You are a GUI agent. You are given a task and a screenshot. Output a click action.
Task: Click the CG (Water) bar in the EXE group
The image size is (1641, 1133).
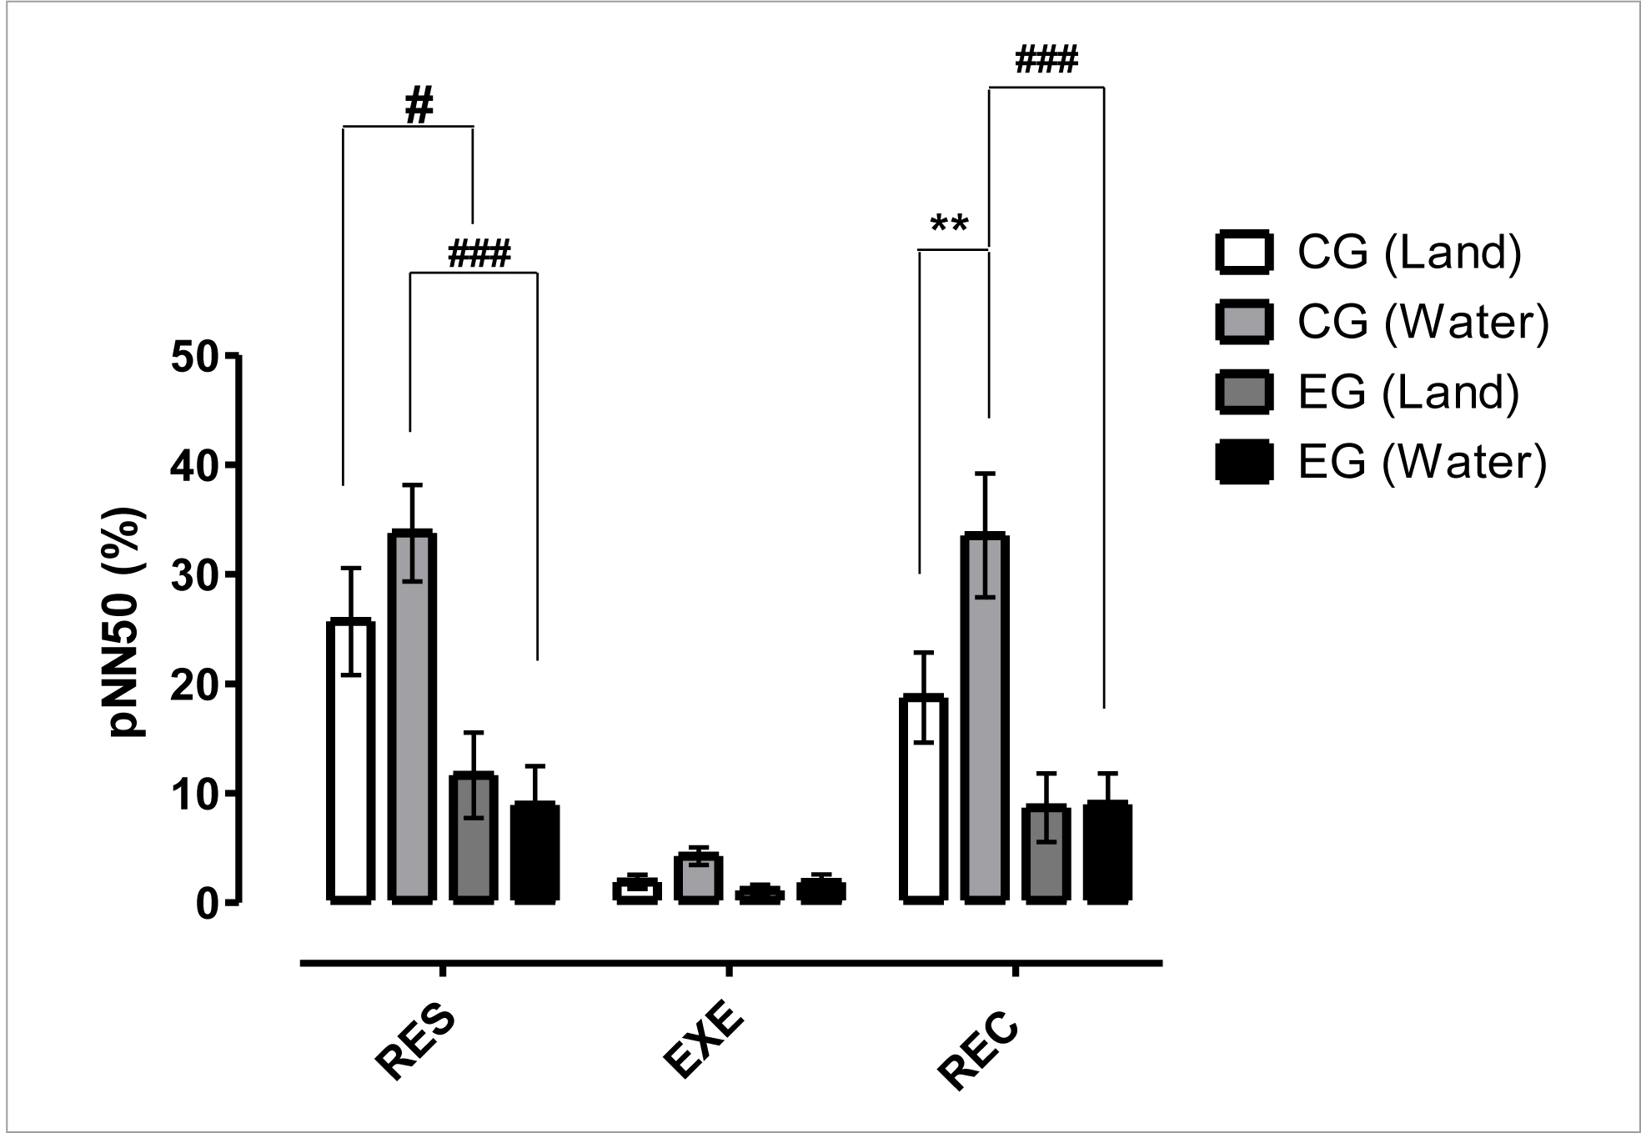pyautogui.click(x=698, y=879)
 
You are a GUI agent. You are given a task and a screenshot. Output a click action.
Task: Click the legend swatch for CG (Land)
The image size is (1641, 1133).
pyautogui.click(x=1244, y=252)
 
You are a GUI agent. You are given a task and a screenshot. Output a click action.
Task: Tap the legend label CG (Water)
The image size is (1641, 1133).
pyautogui.click(x=1423, y=322)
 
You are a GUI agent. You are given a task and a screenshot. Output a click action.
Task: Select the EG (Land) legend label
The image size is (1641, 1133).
pyautogui.click(x=1408, y=392)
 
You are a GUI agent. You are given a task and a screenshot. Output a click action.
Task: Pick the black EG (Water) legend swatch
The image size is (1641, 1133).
pyautogui.click(x=1244, y=462)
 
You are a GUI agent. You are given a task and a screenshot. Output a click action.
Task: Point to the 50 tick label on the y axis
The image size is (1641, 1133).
pyautogui.click(x=193, y=357)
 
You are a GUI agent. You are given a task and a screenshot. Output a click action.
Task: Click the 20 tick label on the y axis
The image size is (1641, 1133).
pyautogui.click(x=193, y=684)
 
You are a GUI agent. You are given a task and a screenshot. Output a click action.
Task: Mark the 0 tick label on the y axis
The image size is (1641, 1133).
pyautogui.click(x=207, y=904)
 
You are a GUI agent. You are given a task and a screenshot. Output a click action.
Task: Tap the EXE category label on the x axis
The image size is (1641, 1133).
pyautogui.click(x=702, y=1044)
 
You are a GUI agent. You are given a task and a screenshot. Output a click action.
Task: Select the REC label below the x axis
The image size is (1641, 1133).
pyautogui.click(x=979, y=1049)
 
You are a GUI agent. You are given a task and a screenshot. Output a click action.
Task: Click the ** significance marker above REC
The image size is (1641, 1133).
pyautogui.click(x=950, y=226)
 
